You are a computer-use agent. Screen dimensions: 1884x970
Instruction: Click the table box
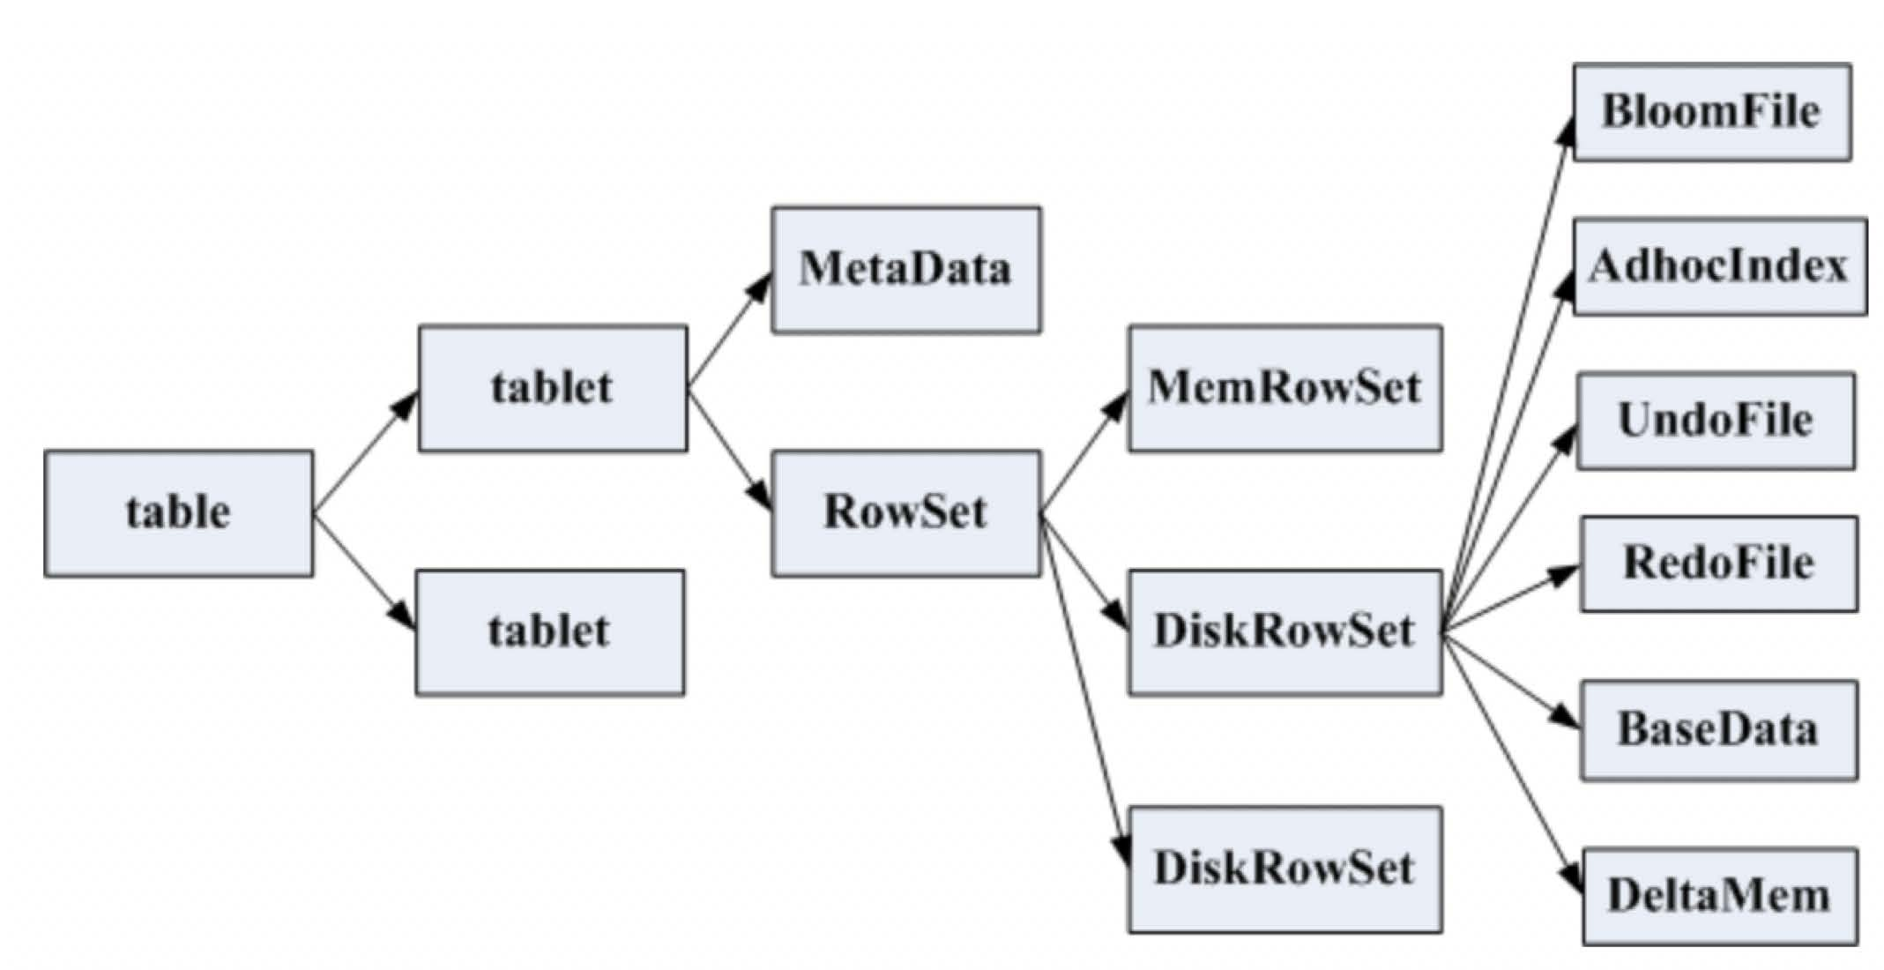179,514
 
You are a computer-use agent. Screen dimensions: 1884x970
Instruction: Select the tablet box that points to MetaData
553,389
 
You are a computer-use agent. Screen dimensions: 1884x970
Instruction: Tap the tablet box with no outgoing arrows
550,632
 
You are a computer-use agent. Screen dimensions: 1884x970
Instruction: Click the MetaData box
906,270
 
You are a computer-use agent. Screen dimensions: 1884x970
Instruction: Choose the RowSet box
906,514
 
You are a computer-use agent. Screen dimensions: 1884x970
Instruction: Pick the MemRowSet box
1285,389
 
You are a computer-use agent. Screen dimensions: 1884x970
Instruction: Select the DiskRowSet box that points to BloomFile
1285,632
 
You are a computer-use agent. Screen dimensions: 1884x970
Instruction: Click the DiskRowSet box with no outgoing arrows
1285,869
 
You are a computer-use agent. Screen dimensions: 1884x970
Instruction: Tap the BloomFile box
1712,112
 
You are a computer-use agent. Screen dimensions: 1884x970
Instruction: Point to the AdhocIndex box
1720,266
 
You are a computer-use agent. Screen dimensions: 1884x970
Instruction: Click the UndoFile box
1716,421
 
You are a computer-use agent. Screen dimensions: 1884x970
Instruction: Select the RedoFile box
1719,564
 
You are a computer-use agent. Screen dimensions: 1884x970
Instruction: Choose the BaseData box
1719,730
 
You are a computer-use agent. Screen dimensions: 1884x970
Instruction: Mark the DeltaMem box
1720,897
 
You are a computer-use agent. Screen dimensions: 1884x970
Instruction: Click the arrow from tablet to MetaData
730,330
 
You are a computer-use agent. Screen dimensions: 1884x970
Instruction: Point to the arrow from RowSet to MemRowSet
1085,451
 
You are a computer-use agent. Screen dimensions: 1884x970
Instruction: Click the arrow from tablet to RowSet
730,450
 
